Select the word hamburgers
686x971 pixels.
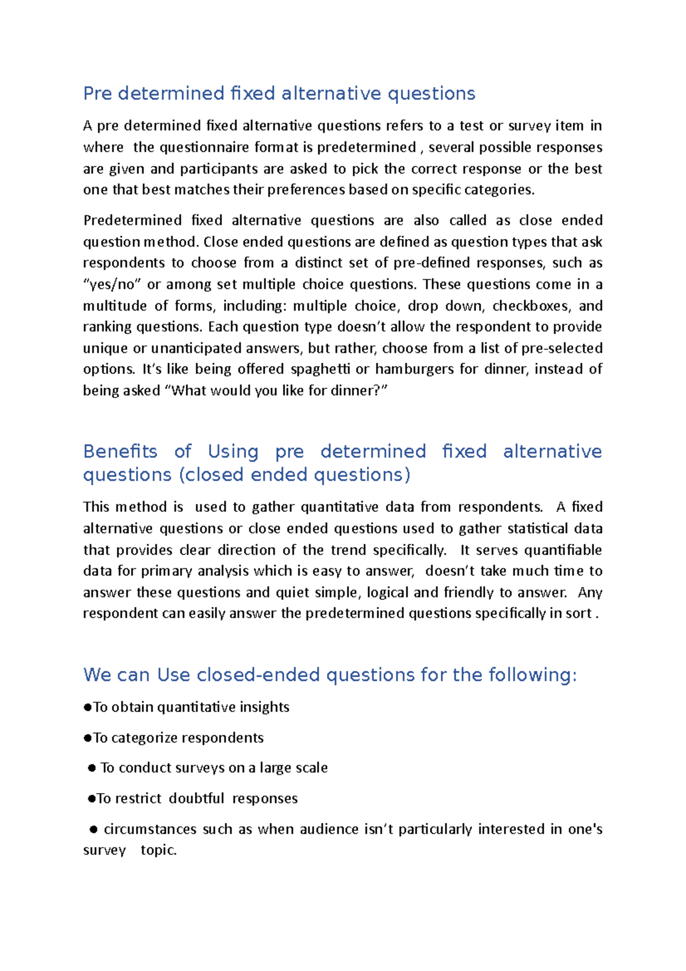pyautogui.click(x=414, y=369)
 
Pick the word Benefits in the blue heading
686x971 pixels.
pyautogui.click(x=120, y=452)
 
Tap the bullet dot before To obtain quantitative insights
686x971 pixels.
pyautogui.click(x=87, y=708)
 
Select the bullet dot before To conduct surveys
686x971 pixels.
pyautogui.click(x=91, y=769)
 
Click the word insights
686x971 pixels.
pyautogui.click(x=264, y=707)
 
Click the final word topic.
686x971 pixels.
pyautogui.click(x=158, y=850)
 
